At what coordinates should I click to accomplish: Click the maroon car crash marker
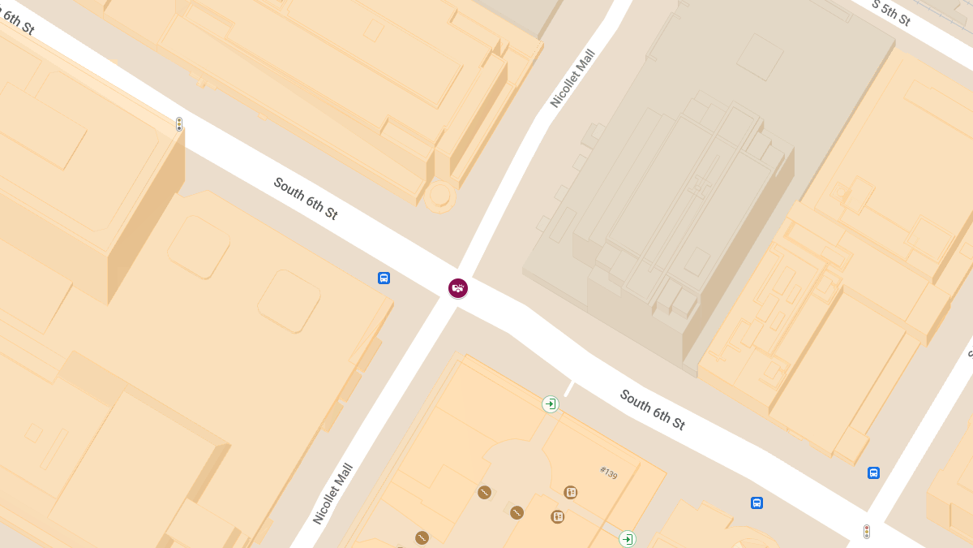click(x=458, y=287)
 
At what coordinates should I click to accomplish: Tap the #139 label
click(x=609, y=472)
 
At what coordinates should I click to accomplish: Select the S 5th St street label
click(x=892, y=13)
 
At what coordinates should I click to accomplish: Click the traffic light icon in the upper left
click(x=179, y=124)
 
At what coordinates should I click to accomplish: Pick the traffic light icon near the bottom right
click(x=867, y=532)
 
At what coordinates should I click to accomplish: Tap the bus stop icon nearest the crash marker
click(x=384, y=278)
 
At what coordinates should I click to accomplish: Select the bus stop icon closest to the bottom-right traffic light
click(x=873, y=472)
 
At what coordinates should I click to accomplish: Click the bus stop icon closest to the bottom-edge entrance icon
click(x=757, y=503)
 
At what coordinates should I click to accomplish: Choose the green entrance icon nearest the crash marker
click(x=551, y=403)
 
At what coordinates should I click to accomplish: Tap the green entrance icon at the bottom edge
click(x=627, y=538)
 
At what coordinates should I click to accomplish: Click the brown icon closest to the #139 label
click(x=571, y=492)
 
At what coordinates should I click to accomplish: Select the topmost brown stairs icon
click(x=484, y=492)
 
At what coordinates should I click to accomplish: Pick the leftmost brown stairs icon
click(x=422, y=537)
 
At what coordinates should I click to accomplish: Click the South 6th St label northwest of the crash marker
click(x=306, y=199)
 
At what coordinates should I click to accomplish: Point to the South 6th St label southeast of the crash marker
click(x=653, y=410)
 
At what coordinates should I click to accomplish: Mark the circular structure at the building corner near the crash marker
click(x=440, y=196)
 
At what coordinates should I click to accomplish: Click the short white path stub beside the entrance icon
click(x=569, y=389)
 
